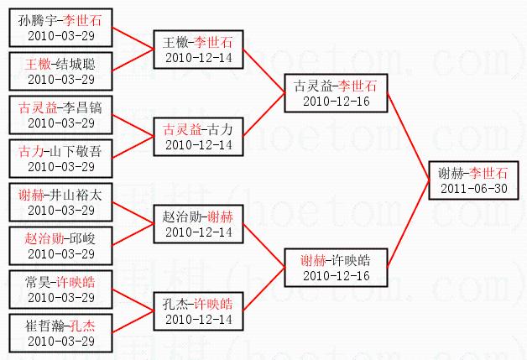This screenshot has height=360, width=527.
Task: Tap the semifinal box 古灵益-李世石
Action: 336,92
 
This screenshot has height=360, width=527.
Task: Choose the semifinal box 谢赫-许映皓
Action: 336,267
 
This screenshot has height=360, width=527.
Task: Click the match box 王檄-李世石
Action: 199,49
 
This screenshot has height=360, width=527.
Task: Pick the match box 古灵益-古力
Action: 199,136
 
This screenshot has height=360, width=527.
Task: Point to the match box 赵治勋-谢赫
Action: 199,223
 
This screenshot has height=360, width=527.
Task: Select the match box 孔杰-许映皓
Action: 199,310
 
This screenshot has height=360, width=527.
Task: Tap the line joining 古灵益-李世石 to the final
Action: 407,136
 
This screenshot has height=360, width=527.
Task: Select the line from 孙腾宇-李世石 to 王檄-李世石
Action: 133,38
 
